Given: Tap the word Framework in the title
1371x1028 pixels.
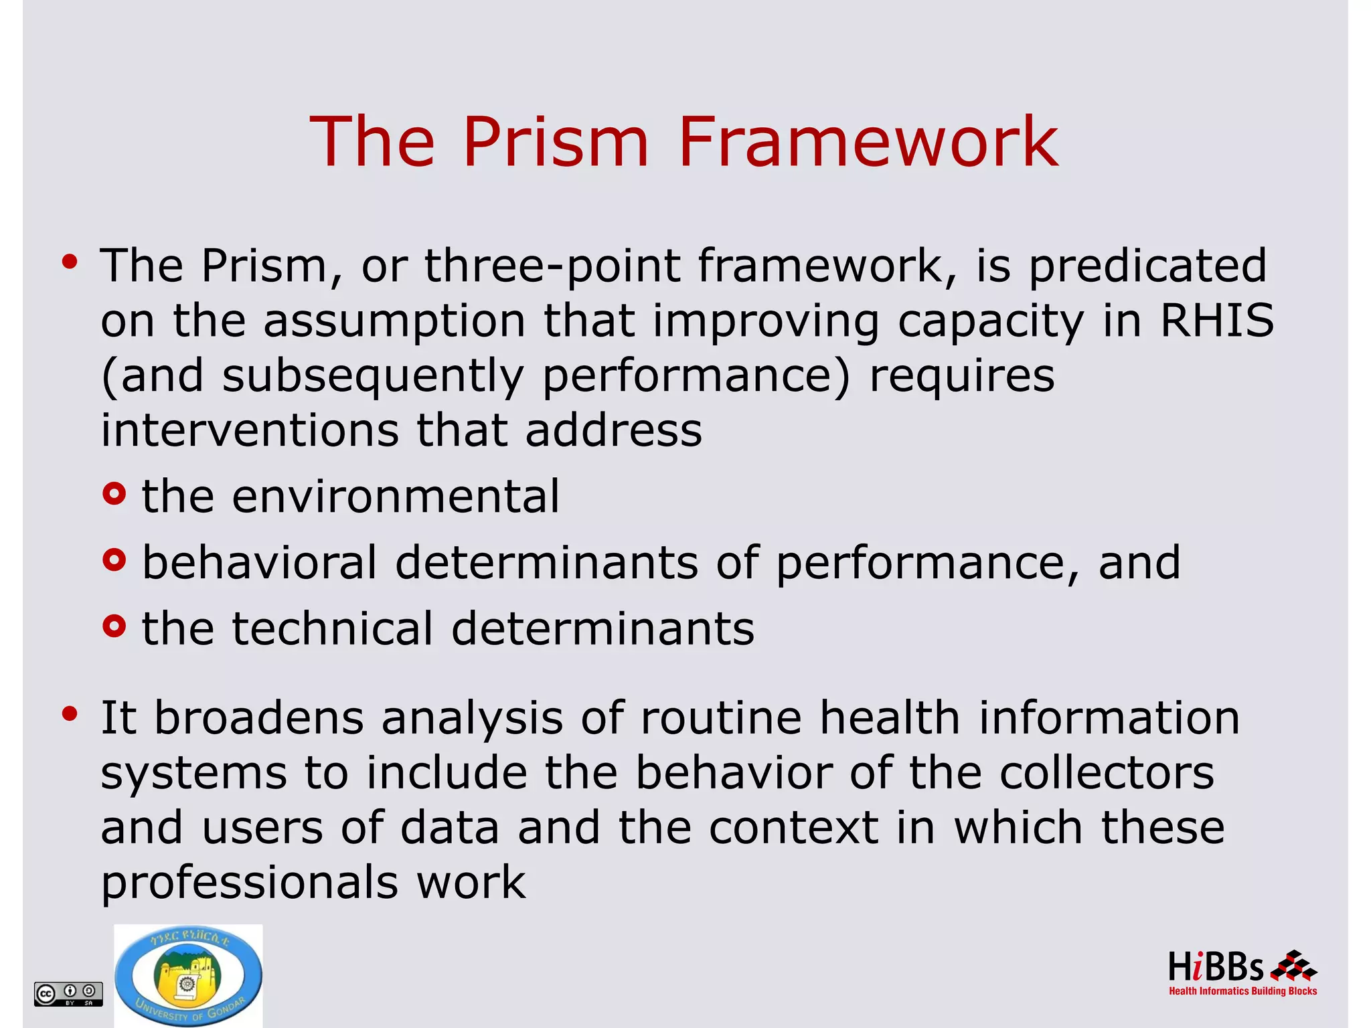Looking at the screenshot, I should click(868, 142).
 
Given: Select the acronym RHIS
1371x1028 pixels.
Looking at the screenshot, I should click(1216, 320).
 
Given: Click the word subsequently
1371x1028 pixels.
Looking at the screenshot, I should click(373, 376).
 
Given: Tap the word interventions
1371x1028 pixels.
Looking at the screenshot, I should click(250, 430).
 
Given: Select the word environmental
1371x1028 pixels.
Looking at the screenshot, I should click(395, 497).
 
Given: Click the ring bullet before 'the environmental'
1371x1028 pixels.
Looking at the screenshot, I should click(114, 494).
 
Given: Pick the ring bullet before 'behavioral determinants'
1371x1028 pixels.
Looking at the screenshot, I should click(114, 560).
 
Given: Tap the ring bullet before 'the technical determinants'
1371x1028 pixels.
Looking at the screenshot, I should click(114, 626).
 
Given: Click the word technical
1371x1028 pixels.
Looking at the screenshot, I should click(333, 629).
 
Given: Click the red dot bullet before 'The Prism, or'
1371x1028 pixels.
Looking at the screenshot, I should click(70, 262).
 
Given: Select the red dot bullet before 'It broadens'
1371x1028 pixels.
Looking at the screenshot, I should click(70, 714).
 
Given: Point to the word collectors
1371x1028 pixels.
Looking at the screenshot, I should click(1106, 773).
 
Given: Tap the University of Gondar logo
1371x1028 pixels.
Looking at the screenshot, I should click(188, 975).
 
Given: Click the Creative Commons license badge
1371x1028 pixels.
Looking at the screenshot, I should click(68, 993).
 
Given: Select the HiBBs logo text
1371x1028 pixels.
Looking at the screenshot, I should click(1216, 968).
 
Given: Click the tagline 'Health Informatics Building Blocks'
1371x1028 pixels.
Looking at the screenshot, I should click(1242, 991).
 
